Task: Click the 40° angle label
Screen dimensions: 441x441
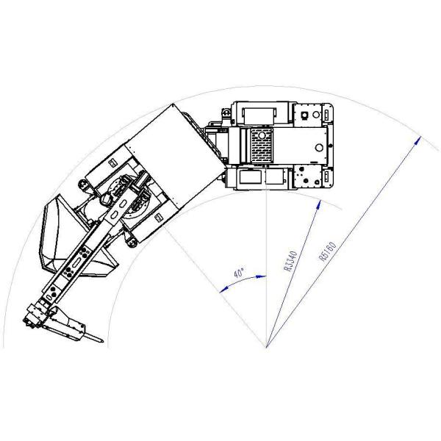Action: click(239, 273)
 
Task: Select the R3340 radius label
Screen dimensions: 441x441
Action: click(290, 261)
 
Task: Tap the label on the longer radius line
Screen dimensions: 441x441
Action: click(328, 251)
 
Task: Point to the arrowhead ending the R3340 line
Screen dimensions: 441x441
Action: click(319, 204)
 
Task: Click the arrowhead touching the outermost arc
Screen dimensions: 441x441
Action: click(418, 140)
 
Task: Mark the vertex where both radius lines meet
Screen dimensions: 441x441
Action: click(266, 348)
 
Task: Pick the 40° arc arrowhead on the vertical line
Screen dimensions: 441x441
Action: click(261, 277)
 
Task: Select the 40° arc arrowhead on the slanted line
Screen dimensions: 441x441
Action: click(223, 290)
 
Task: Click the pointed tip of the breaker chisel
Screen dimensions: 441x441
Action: click(103, 342)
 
